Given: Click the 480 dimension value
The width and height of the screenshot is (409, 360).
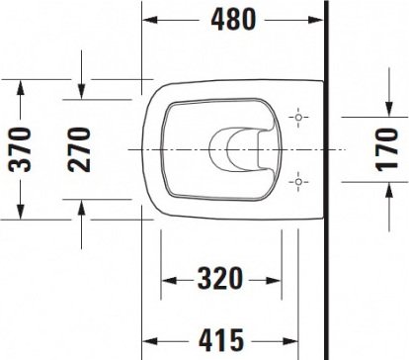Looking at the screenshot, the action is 233,20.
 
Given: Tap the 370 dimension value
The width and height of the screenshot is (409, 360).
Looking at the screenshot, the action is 20,149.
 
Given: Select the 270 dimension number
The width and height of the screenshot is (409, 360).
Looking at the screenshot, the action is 79,149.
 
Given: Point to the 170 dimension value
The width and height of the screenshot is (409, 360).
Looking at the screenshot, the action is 387,149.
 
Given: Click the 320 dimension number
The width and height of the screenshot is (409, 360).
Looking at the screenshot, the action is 220,279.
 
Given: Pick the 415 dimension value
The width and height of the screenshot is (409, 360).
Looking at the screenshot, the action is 221,339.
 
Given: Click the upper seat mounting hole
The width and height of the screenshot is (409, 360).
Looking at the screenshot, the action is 298,117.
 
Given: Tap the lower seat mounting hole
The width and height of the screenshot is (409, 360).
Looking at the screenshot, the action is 298,182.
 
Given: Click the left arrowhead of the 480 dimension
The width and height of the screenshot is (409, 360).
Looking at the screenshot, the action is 150,20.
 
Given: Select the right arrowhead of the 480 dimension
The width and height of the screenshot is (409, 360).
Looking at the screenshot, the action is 315,20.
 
